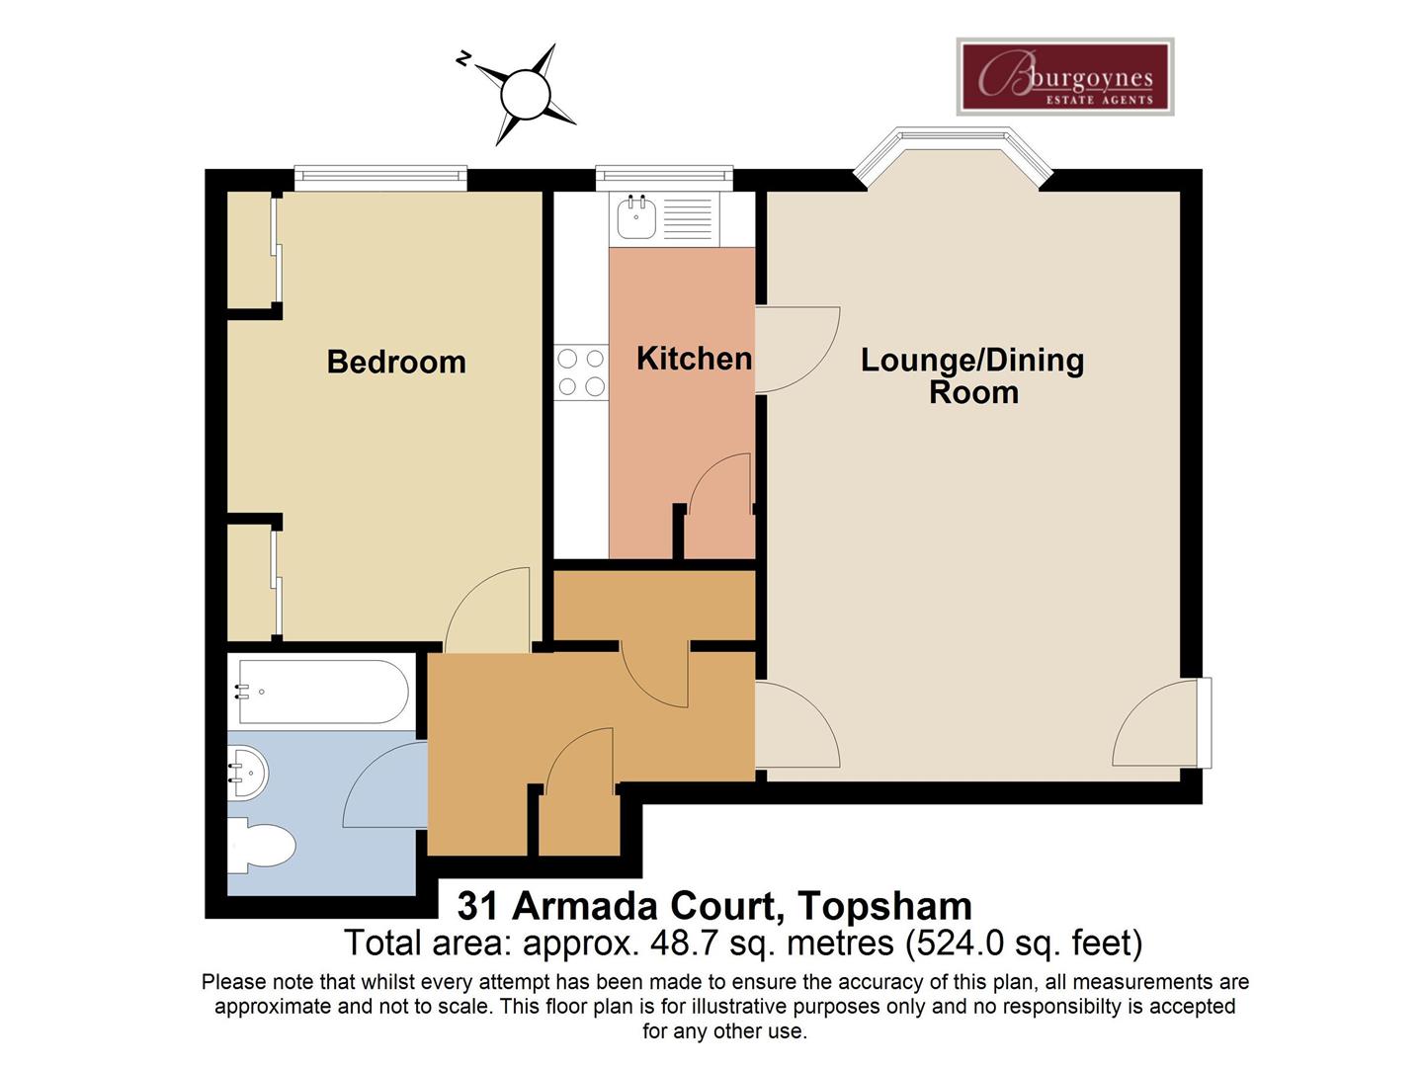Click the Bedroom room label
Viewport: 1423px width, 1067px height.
[396, 362]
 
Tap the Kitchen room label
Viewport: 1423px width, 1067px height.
[695, 359]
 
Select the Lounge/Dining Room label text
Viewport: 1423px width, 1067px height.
[972, 375]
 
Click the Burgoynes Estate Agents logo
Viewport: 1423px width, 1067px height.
[1065, 76]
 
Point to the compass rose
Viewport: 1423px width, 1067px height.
[525, 95]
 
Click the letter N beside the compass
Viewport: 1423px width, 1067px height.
[462, 59]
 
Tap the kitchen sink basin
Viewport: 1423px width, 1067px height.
[636, 217]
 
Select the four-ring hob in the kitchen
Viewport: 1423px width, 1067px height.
[581, 371]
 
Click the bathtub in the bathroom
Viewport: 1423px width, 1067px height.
[323, 692]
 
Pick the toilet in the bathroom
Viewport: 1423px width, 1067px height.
[261, 845]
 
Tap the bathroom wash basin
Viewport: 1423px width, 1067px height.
[248, 773]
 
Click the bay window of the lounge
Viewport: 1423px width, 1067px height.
[953, 155]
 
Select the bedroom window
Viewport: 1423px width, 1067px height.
[380, 178]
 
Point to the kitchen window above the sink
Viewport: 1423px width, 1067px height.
[664, 178]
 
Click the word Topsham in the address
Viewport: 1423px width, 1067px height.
[884, 906]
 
